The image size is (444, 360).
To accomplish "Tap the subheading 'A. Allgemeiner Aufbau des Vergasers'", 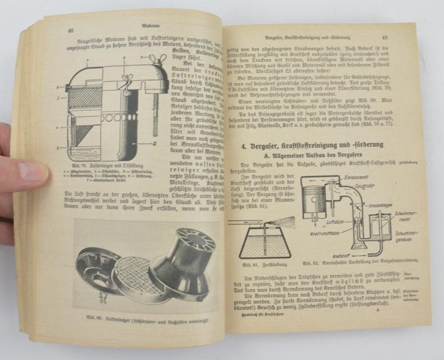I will coord(304,158).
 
